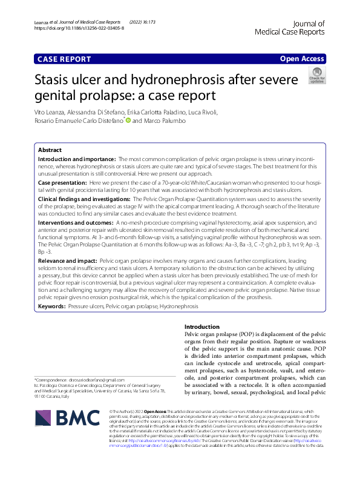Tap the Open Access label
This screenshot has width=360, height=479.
point(303,59)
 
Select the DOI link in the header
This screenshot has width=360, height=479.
point(79,28)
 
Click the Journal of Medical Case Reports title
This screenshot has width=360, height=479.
point(290,27)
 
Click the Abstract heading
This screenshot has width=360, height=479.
point(50,150)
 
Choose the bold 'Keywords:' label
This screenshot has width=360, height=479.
point(52,307)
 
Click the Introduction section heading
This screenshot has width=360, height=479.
point(201,326)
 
